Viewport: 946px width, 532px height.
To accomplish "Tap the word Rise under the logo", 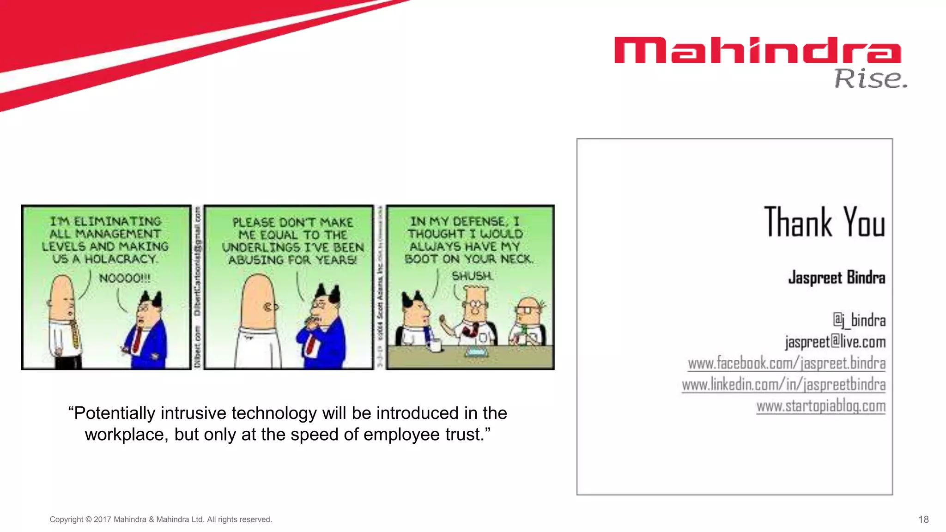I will pos(870,79).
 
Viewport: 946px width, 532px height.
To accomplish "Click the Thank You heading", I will pos(825,222).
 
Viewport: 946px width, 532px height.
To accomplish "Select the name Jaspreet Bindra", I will pos(837,278).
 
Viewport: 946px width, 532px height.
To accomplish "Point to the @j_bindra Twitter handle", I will pos(859,320).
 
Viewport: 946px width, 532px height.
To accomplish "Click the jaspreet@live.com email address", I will pos(835,342).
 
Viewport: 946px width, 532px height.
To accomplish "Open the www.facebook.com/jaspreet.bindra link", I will pos(786,363).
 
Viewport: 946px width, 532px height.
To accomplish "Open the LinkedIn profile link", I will pos(783,385).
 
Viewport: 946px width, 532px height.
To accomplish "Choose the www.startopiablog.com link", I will pos(821,406).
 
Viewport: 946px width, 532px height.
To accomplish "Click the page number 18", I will pos(923,520).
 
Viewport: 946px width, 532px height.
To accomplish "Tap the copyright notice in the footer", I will pos(161,520).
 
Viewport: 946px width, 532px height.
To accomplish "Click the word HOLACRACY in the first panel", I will pos(121,259).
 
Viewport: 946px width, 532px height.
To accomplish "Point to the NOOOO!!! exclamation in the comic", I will pos(124,278).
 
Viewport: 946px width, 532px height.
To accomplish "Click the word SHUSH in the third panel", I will pos(472,276).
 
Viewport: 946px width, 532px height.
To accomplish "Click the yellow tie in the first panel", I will pos(73,334).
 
